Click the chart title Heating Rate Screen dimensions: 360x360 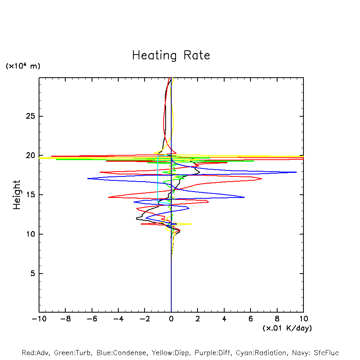(x=171, y=55)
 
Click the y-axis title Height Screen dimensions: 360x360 (x=17, y=195)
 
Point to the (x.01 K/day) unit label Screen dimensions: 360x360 (x=287, y=328)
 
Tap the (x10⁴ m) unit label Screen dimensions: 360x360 (x=23, y=66)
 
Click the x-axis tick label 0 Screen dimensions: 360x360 (x=171, y=319)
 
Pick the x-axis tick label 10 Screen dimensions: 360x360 (x=303, y=319)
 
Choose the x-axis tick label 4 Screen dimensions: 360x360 (x=224, y=319)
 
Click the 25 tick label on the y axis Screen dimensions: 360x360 (x=31, y=116)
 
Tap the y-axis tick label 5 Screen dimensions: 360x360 (x=33, y=274)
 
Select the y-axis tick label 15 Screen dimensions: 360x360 (x=31, y=195)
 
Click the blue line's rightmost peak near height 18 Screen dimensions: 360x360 (x=296, y=172)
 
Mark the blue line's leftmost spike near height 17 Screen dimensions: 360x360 (x=88, y=178)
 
